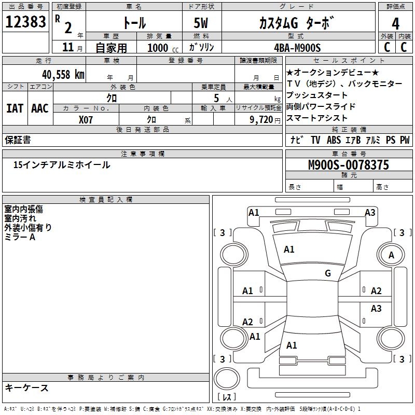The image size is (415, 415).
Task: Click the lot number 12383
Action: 25,22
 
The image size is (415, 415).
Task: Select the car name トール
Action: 133,23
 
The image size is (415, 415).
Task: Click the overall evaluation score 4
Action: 396,23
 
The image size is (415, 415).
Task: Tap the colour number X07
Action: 86,119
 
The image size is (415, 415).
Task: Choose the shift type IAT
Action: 15,108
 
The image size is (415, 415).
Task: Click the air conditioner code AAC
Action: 40,108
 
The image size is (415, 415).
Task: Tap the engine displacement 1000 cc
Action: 161,48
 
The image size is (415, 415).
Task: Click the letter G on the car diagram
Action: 327,273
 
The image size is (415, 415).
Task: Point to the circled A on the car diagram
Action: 391,255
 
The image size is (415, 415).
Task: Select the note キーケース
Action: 27,388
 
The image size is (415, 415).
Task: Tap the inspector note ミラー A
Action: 20,237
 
